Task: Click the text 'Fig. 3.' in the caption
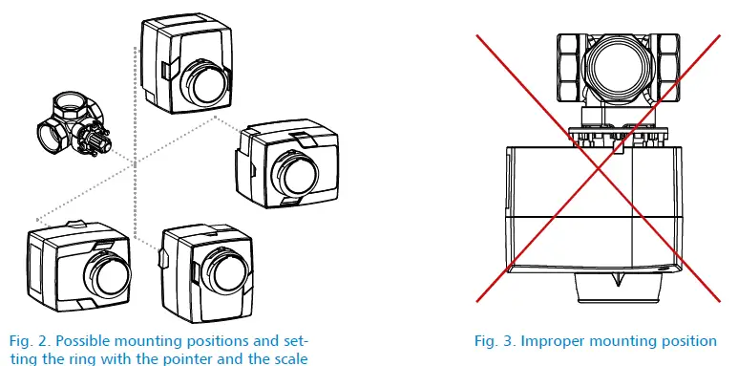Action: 495,341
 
